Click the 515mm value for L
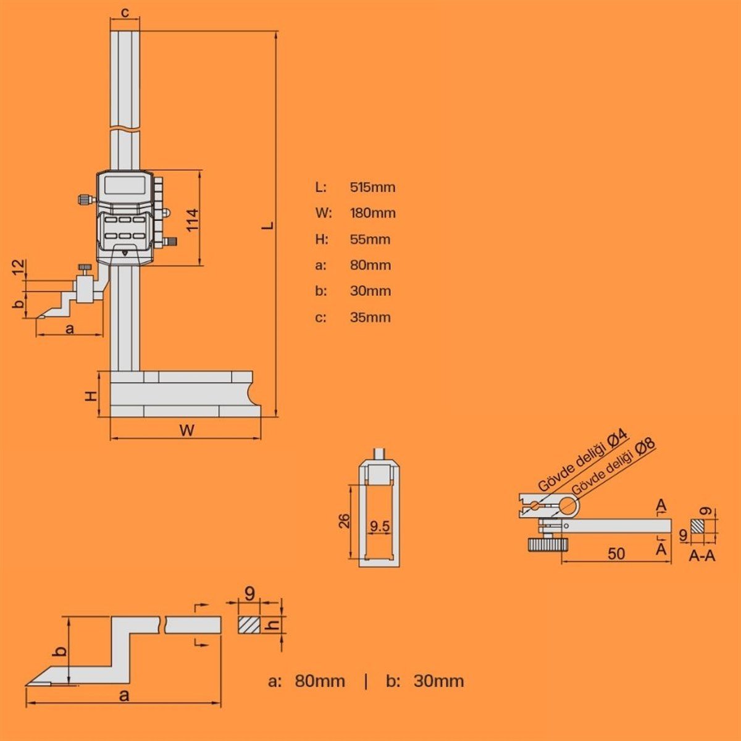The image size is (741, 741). tap(372, 187)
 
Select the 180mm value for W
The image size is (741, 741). tap(372, 213)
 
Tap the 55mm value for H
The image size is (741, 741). tap(370, 239)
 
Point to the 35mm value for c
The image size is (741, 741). tap(370, 317)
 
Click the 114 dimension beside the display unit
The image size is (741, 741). tap(192, 220)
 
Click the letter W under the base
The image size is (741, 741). tap(187, 430)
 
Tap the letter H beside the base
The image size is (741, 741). tap(91, 396)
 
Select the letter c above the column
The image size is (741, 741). tap(125, 13)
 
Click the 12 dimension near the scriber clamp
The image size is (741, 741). tap(20, 267)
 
